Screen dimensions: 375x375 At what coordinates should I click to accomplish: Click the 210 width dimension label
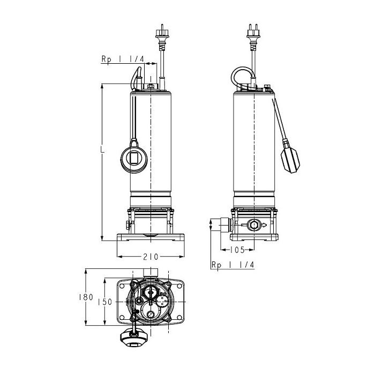click(x=151, y=257)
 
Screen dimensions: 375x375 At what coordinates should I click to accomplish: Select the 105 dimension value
click(x=237, y=250)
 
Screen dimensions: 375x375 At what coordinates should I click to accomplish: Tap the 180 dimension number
click(x=86, y=297)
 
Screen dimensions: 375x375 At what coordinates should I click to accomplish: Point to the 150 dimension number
click(x=105, y=302)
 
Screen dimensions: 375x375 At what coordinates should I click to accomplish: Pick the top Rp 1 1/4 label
click(x=123, y=59)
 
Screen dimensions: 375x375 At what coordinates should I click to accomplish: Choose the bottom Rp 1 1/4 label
click(x=232, y=265)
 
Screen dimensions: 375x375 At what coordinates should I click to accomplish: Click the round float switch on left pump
click(x=134, y=158)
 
